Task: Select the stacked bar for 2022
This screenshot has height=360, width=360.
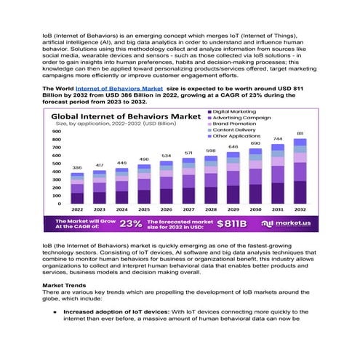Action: tap(77, 188)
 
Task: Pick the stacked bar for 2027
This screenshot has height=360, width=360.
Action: tap(188, 181)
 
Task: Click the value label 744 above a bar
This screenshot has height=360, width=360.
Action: tap(278, 138)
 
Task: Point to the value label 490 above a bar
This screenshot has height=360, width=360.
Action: tap(144, 159)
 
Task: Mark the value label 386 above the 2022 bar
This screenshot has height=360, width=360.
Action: tap(77, 168)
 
